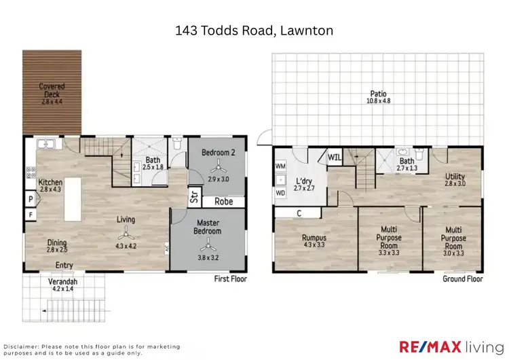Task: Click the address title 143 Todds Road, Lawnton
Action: (254, 31)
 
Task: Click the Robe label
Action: (224, 201)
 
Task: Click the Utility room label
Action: (455, 177)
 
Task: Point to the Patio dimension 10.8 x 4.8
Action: (379, 101)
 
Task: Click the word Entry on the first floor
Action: (65, 266)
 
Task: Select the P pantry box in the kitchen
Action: (31, 200)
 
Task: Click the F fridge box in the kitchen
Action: (31, 215)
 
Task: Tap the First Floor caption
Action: (231, 278)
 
